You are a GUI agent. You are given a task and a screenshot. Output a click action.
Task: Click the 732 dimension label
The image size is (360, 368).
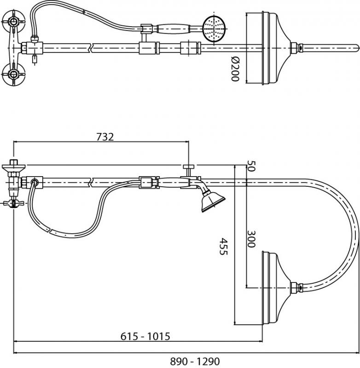[x=105, y=137]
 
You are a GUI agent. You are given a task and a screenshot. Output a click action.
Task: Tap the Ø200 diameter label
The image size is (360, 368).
[x=235, y=69]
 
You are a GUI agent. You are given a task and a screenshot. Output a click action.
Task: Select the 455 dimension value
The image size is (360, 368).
[x=223, y=247]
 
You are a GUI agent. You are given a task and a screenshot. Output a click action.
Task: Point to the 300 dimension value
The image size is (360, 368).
[x=251, y=239]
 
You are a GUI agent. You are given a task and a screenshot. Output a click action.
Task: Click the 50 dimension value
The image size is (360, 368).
[x=251, y=166]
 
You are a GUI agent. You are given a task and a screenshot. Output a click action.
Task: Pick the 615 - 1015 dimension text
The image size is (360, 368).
[x=145, y=336]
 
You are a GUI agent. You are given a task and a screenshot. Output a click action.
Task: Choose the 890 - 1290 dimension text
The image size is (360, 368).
[x=195, y=361]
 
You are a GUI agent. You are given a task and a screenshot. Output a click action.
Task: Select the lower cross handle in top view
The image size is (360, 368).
[x=13, y=74]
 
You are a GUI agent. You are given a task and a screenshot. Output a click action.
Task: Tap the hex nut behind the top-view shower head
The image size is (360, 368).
[x=294, y=48]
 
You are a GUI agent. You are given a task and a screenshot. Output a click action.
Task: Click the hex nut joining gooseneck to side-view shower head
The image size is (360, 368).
[x=294, y=288]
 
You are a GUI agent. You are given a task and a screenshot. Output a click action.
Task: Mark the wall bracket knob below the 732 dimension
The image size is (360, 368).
[x=189, y=167]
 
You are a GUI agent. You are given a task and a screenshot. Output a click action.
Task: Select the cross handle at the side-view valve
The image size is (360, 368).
[x=13, y=203]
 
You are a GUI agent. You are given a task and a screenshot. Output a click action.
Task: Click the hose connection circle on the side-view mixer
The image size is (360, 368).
[x=35, y=182]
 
